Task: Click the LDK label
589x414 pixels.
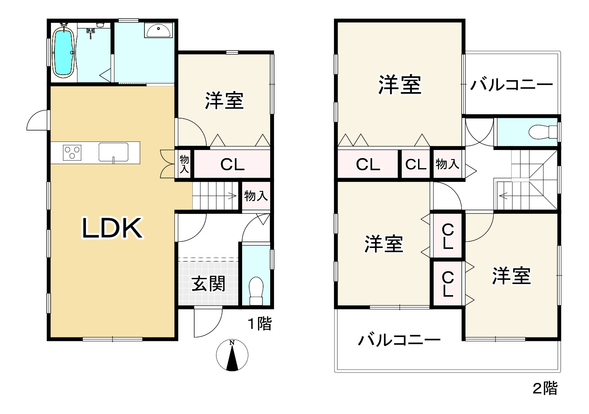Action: click(112, 229)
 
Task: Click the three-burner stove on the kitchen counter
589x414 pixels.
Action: click(72, 151)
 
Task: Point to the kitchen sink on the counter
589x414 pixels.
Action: click(114, 152)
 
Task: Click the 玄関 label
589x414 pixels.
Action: click(208, 283)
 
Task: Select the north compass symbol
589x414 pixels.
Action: click(232, 355)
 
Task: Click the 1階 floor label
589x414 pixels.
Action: click(260, 323)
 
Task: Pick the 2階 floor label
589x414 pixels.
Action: click(545, 388)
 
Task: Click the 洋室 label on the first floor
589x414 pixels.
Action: click(224, 101)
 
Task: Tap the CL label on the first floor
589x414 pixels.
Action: click(232, 165)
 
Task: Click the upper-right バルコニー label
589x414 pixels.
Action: click(512, 85)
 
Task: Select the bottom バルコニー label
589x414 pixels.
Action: click(399, 340)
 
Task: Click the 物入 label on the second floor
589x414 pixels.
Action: click(447, 164)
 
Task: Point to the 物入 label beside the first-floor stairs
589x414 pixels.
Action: click(256, 196)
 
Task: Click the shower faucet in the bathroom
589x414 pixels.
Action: click(91, 33)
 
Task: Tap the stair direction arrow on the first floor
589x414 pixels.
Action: click(233, 196)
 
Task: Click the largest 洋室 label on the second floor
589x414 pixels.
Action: click(400, 85)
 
